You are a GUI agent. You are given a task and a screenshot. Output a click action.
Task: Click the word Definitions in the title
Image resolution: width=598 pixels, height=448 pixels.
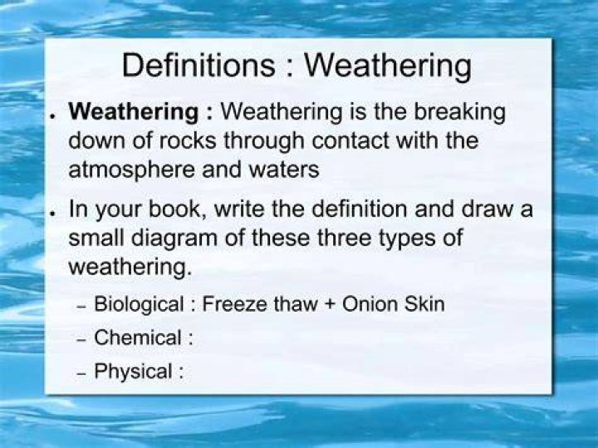point(199,66)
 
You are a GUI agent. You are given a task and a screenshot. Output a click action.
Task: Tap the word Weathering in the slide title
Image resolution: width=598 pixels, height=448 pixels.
point(388,67)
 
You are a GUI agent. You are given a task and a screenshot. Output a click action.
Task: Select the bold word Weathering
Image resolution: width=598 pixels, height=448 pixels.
point(133,112)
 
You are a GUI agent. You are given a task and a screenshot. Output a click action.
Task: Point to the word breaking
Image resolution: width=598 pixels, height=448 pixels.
point(459,112)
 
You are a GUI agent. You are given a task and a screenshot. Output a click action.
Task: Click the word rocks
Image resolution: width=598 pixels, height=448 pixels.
point(188,140)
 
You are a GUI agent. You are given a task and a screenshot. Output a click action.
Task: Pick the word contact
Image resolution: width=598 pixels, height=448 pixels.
point(350,140)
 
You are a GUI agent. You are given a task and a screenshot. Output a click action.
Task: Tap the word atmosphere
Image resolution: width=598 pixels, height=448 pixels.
point(131,170)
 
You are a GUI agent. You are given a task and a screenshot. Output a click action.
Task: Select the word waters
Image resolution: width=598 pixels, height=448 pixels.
point(284,170)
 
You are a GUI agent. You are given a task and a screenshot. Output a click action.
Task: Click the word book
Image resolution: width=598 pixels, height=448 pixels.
point(175,209)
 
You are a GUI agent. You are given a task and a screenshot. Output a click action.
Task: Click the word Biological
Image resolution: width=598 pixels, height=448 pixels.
point(139,305)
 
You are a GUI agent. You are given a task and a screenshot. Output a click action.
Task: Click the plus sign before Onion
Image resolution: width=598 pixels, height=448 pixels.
point(330,305)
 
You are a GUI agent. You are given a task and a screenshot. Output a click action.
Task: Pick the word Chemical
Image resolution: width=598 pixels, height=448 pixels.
point(138,337)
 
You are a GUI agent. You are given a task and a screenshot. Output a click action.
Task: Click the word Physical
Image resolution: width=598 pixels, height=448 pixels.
point(133,372)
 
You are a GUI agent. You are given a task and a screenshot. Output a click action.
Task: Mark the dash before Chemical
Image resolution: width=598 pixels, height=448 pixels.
point(81,341)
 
